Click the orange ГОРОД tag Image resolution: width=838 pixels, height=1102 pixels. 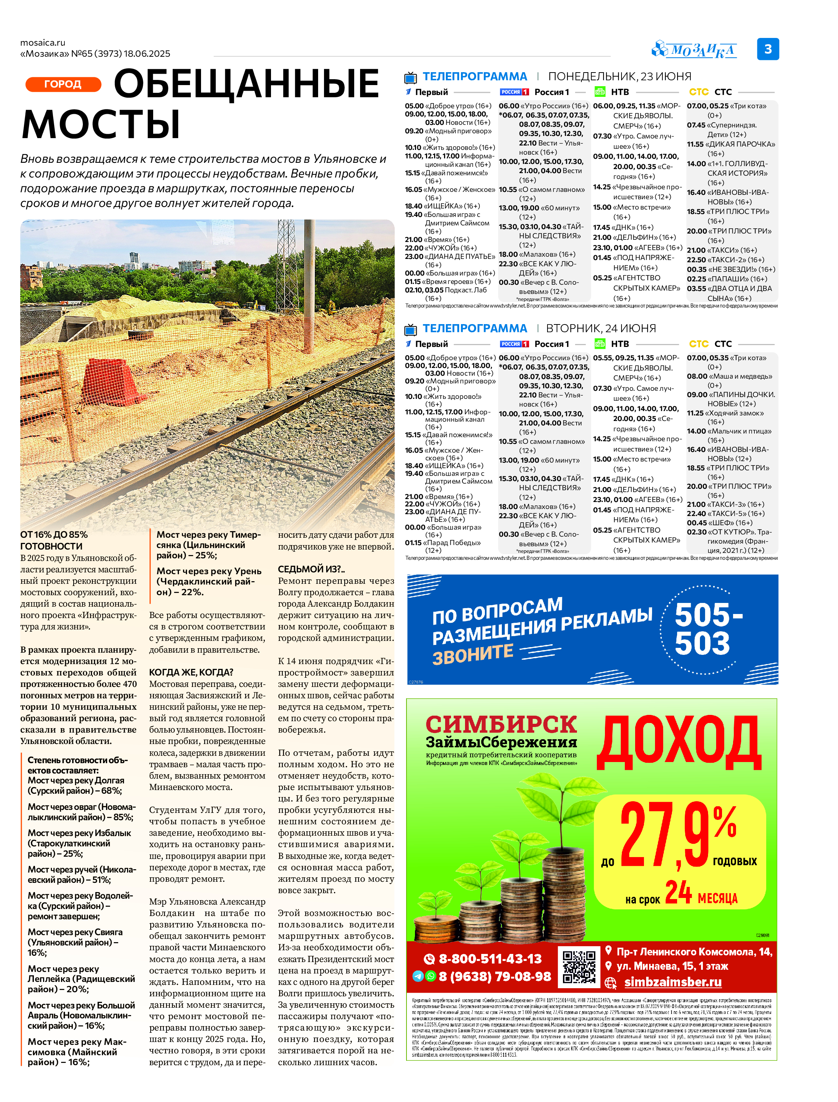click(x=63, y=84)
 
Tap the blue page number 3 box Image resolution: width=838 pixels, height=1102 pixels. click(x=768, y=49)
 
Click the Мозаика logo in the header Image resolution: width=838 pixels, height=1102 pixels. click(x=694, y=50)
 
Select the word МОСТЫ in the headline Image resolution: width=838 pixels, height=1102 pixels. click(x=101, y=124)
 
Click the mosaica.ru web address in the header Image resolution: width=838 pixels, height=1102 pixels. click(x=43, y=43)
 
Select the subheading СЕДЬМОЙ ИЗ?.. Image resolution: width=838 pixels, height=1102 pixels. click(x=311, y=569)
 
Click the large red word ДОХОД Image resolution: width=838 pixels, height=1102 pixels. click(x=678, y=743)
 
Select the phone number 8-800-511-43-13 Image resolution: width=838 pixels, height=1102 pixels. click(x=489, y=959)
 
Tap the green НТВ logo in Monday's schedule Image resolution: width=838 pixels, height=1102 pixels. click(x=599, y=92)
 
